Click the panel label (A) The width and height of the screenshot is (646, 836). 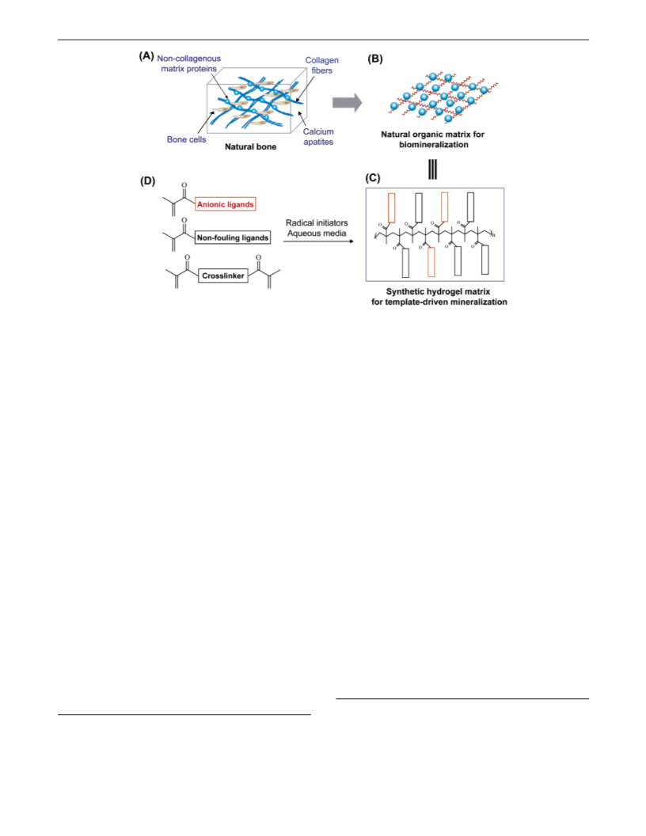[146, 55]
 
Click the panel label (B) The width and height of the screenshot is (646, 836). [375, 59]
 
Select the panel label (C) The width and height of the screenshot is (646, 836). [373, 177]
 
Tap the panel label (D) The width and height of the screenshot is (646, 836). [147, 180]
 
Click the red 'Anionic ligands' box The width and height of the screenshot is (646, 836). [226, 204]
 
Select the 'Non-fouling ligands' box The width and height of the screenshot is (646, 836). [233, 237]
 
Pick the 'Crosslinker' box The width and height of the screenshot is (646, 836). [223, 275]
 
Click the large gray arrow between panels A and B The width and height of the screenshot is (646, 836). [347, 102]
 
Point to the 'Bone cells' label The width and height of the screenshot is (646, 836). [187, 139]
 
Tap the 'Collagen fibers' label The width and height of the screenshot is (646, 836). [322, 66]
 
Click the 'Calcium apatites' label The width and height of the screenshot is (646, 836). [318, 136]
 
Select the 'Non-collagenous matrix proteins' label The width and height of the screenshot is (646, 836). [188, 63]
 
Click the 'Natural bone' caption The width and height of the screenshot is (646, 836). [250, 146]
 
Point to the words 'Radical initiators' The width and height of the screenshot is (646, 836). [317, 223]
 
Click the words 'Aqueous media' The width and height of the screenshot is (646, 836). [317, 233]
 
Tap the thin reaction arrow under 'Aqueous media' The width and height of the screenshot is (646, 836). [318, 241]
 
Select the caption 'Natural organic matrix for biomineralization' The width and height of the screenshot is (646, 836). [433, 139]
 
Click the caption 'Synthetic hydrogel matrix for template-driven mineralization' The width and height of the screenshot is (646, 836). [439, 297]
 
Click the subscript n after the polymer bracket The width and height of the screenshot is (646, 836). [493, 235]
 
